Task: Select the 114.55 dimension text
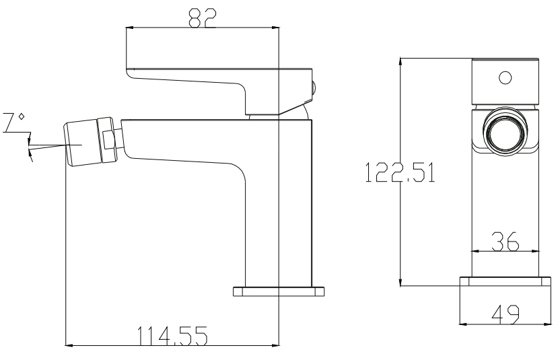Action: click(172, 334)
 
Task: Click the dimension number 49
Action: click(505, 314)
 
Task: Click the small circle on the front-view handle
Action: click(505, 77)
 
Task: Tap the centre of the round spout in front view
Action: click(505, 131)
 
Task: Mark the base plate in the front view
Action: click(505, 283)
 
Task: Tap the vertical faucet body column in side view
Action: click(279, 202)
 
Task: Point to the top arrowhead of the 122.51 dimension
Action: click(401, 61)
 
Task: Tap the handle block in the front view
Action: click(505, 82)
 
